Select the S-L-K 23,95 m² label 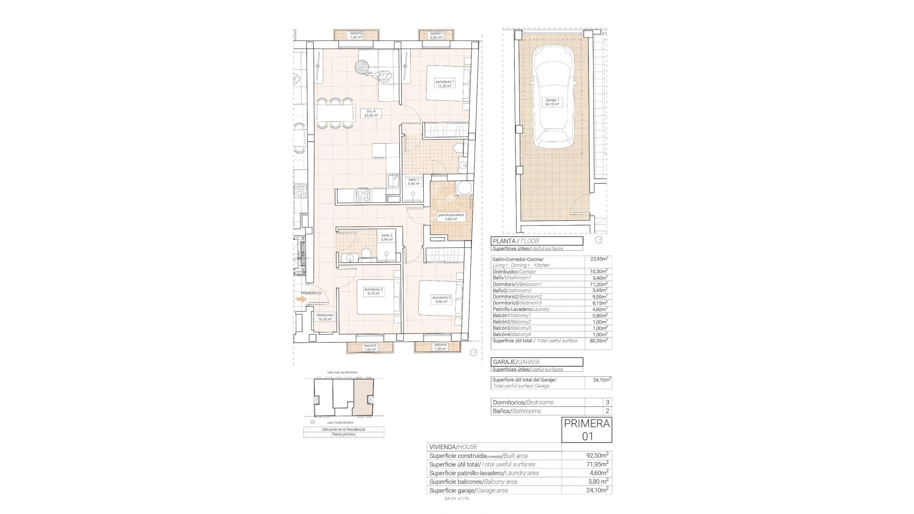click(x=371, y=113)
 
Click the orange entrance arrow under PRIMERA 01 click(x=301, y=299)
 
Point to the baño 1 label click(x=414, y=181)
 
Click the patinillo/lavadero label click(x=451, y=217)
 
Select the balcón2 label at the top click(x=356, y=35)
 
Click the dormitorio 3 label click(x=373, y=291)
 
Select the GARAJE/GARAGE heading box click(x=536, y=362)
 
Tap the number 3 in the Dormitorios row click(x=607, y=403)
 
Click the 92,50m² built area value click(x=597, y=455)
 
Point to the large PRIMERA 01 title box click(x=586, y=430)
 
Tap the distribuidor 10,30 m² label click(x=325, y=317)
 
